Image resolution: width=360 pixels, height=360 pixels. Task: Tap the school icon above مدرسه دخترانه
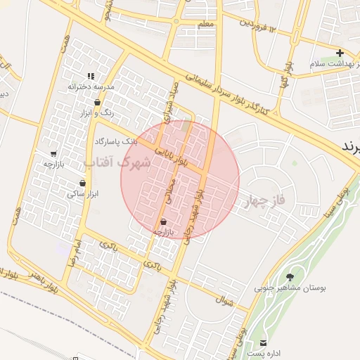(x=90, y=76)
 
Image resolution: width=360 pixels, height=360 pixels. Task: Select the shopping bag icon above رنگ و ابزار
(x=97, y=103)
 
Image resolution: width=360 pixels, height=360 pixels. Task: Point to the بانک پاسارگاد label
(x=115, y=141)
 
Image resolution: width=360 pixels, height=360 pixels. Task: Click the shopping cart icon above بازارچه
(x=53, y=154)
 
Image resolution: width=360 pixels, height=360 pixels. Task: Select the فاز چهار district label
(x=264, y=202)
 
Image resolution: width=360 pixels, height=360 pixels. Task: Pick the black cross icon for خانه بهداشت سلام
(x=340, y=53)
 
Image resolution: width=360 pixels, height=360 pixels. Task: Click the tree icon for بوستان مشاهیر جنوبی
(x=290, y=277)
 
